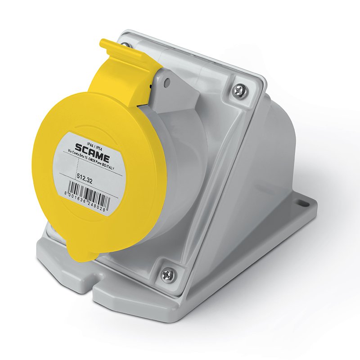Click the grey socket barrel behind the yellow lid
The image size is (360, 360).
180,180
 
